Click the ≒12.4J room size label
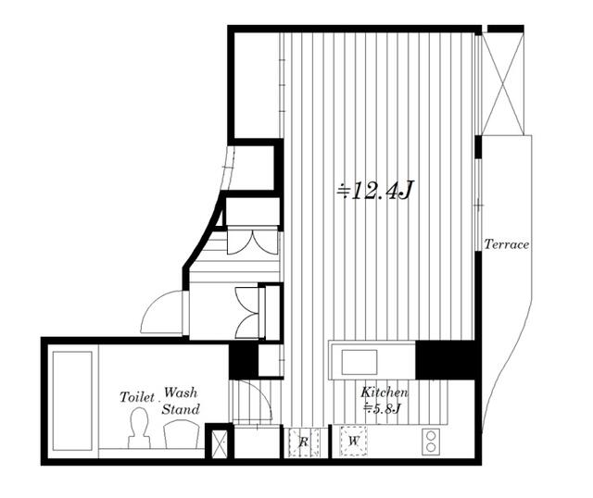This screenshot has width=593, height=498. pyautogui.click(x=375, y=191)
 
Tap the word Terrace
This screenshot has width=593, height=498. pyautogui.click(x=507, y=244)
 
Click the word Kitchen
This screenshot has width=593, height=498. pyautogui.click(x=385, y=392)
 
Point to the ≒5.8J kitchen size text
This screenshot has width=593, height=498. pyautogui.click(x=381, y=408)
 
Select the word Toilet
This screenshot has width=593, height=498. pyautogui.click(x=137, y=397)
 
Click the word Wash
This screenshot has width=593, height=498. pyautogui.click(x=181, y=393)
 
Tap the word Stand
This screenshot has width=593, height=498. pyautogui.click(x=181, y=409)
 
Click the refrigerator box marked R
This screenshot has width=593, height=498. pyautogui.click(x=304, y=442)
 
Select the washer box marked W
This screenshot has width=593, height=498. pyautogui.click(x=353, y=441)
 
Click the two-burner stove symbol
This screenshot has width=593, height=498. pyautogui.click(x=431, y=442)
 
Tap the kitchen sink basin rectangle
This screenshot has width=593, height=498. pyautogui.click(x=360, y=362)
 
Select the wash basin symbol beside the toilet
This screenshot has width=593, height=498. pyautogui.click(x=182, y=435)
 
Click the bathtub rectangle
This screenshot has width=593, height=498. pyautogui.click(x=72, y=401)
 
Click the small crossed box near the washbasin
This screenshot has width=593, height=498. pyautogui.click(x=219, y=443)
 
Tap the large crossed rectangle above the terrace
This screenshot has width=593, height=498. pyautogui.click(x=503, y=84)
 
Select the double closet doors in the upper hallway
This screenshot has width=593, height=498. pyautogui.click(x=252, y=241)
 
